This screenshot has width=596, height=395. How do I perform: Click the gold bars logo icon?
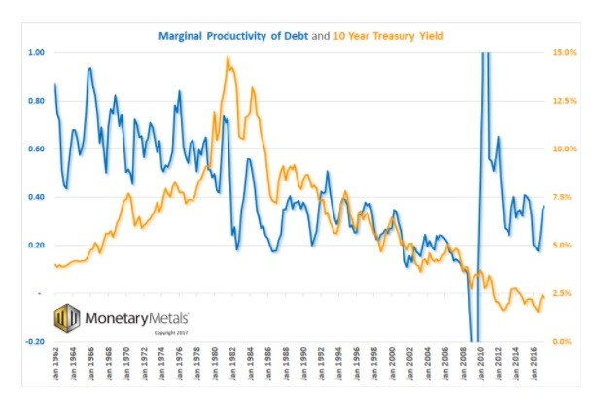[x=66, y=317]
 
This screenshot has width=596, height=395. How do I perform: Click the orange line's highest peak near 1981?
[x=228, y=57]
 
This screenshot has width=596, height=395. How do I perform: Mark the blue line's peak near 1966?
[x=90, y=69]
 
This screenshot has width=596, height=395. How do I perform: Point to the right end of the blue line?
[x=544, y=206]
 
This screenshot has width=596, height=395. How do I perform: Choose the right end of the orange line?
[x=544, y=297]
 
